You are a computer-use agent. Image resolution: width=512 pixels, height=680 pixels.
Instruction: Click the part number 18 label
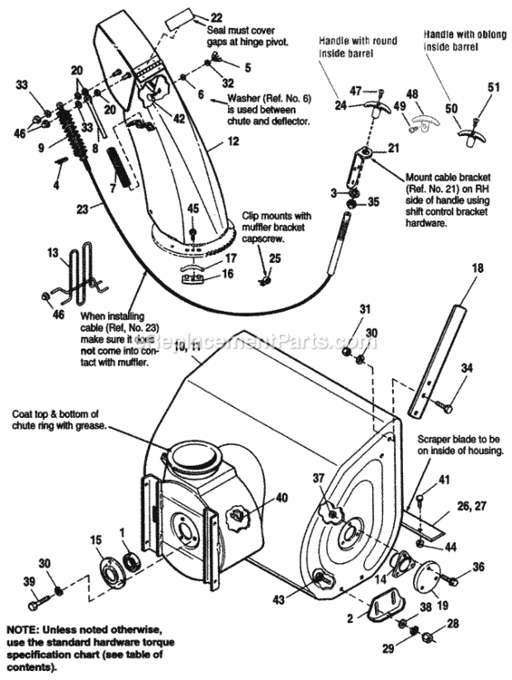pyautogui.click(x=478, y=269)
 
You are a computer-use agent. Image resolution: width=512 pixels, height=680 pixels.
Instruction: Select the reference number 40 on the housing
pyautogui.click(x=281, y=497)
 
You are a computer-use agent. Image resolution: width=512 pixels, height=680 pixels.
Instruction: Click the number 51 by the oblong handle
pyautogui.click(x=495, y=87)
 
